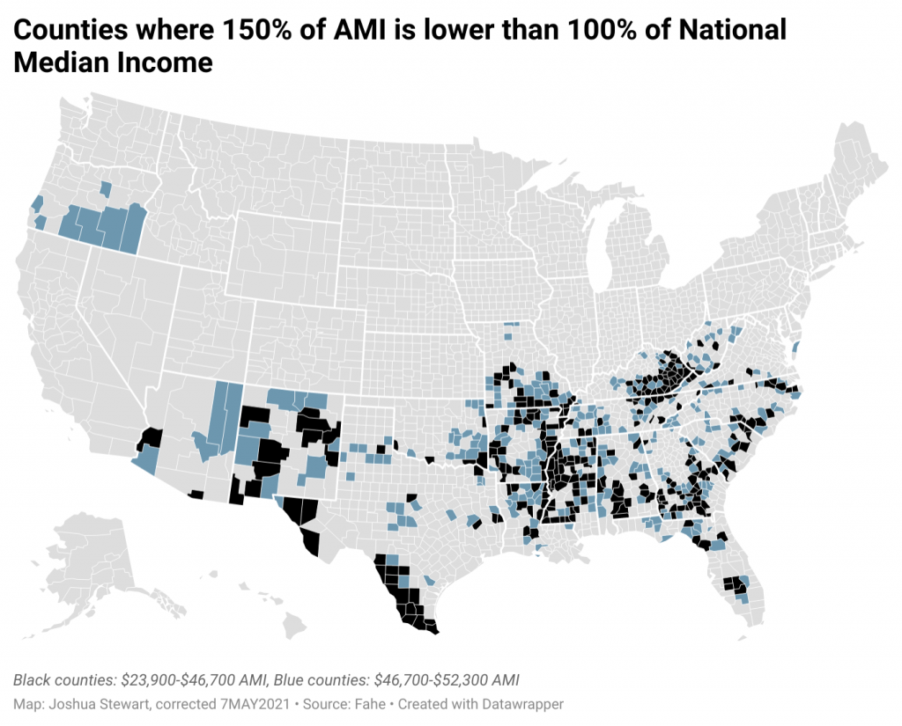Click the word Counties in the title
pyautogui.click(x=70, y=30)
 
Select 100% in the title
pyautogui.click(x=601, y=30)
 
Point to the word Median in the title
pyautogui.click(x=57, y=62)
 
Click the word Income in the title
pyautogui.click(x=161, y=62)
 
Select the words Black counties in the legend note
pyautogui.click(x=63, y=680)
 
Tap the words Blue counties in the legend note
pyautogui.click(x=321, y=680)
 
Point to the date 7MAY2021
pyautogui.click(x=255, y=704)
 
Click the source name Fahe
pyautogui.click(x=371, y=704)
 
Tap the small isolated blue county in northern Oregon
pyautogui.click(x=106, y=188)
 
